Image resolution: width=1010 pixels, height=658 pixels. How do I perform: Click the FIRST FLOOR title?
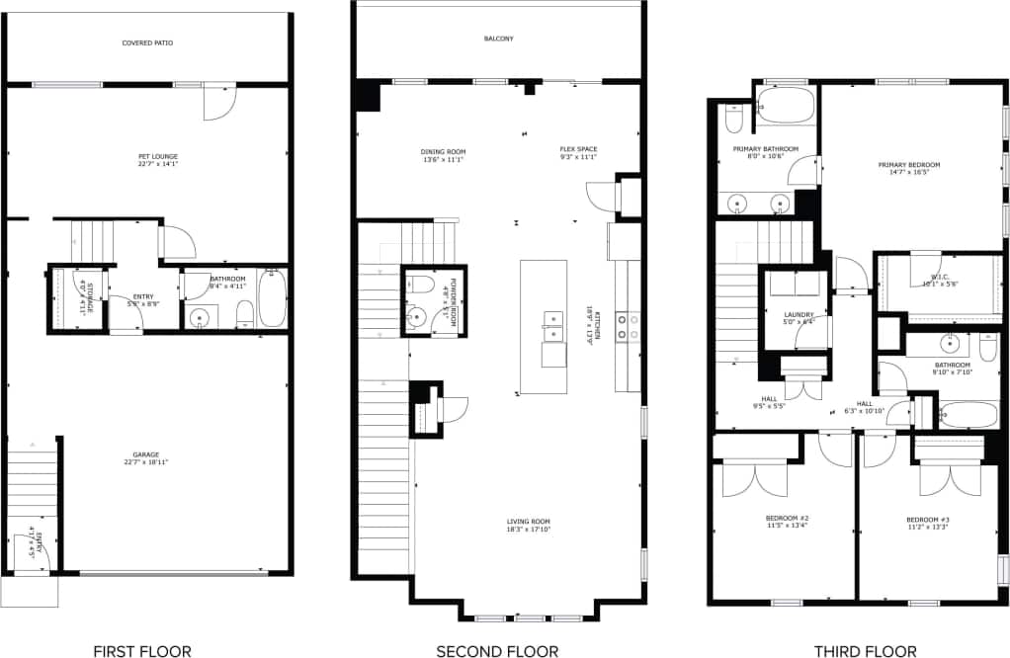tap(142, 650)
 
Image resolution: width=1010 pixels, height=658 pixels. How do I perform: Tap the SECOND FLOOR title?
tap(497, 650)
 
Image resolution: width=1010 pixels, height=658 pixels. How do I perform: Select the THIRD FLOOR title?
tap(865, 650)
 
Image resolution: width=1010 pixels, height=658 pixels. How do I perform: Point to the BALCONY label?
tap(498, 39)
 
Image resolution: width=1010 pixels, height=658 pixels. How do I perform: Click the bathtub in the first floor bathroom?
tap(272, 298)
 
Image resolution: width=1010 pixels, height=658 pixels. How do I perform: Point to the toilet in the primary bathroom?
tap(733, 120)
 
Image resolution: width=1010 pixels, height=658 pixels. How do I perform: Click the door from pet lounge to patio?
tap(218, 102)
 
